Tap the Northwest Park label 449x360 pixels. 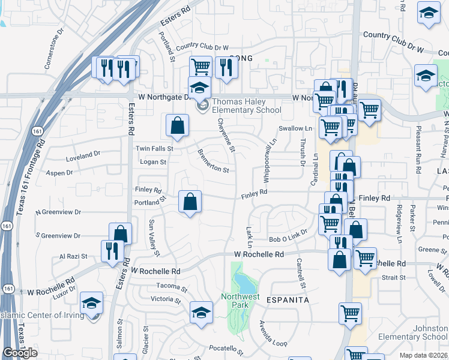tap(240, 300)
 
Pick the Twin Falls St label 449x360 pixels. tap(154, 148)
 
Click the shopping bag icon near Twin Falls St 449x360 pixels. tap(178, 126)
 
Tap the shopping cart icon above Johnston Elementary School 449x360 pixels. tap(351, 313)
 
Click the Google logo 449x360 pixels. tap(20, 353)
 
